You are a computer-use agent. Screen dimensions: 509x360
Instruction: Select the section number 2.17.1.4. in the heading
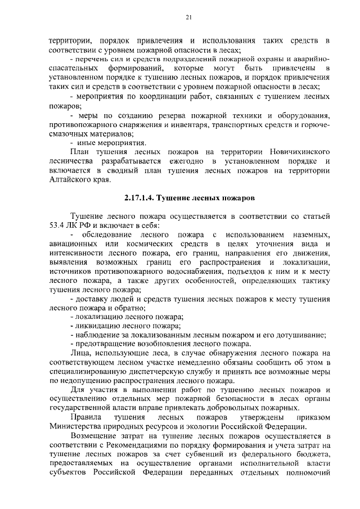pyautogui.click(x=138, y=199)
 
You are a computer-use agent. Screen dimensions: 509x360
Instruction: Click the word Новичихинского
pyautogui.click(x=291, y=152)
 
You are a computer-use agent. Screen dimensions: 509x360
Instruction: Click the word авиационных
pyautogui.click(x=75, y=244)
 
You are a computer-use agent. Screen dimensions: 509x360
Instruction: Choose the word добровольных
pyautogui.click(x=235, y=408)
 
